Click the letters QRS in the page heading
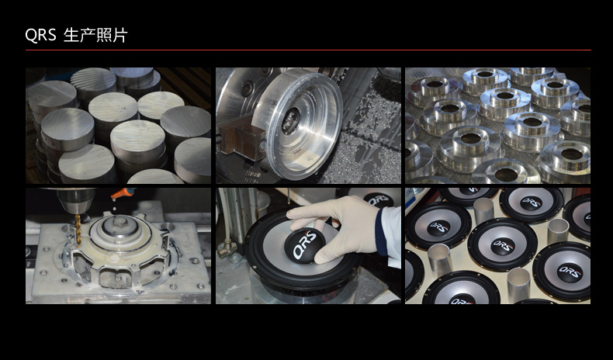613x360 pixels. click(40, 35)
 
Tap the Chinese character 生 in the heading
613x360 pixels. click(71, 35)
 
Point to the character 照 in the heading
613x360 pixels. click(104, 35)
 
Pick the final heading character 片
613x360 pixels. click(119, 35)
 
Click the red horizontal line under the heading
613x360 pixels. click(308, 50)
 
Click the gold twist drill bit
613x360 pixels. click(78, 230)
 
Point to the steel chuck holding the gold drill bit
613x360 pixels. click(76, 201)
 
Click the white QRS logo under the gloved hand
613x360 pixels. click(303, 245)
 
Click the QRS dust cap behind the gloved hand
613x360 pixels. click(378, 199)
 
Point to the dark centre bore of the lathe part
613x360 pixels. click(291, 121)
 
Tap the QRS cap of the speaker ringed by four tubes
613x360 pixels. click(502, 246)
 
